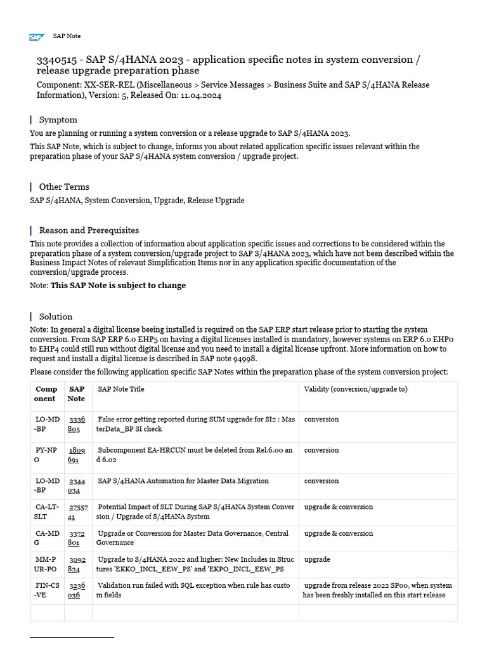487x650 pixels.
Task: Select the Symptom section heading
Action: [58, 119]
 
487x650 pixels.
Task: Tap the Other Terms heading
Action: [64, 187]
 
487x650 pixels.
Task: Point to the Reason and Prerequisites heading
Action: [89, 230]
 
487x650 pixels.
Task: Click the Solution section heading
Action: [56, 316]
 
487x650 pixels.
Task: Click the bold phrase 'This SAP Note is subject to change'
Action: [118, 285]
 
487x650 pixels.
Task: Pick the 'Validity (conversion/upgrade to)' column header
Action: [356, 389]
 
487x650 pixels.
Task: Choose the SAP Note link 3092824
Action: [77, 564]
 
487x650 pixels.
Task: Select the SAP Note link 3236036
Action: [77, 590]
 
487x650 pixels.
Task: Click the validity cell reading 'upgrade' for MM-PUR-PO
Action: [317, 560]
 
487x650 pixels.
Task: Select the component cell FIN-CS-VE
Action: [46, 590]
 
